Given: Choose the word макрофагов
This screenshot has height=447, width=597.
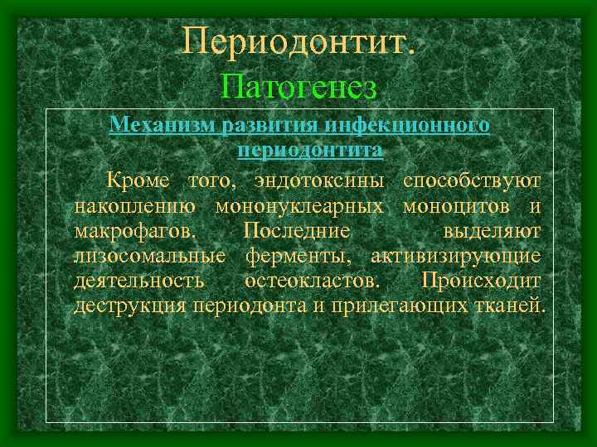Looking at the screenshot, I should (x=135, y=230).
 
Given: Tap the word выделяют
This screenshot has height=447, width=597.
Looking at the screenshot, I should (x=492, y=230).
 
